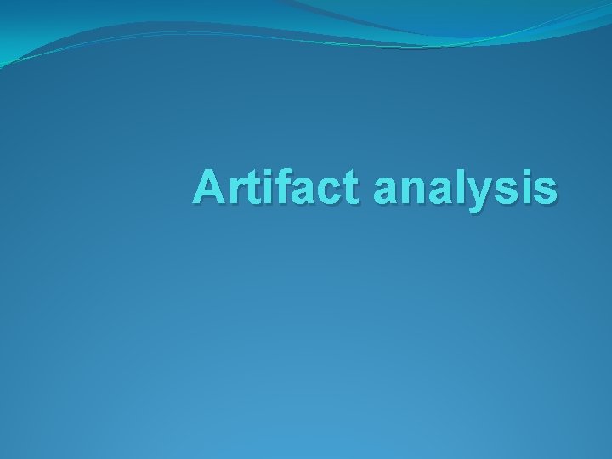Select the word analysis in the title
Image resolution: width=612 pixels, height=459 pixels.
465,189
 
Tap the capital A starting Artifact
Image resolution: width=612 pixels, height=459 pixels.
209,187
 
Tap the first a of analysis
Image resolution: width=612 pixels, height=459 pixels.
387,191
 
